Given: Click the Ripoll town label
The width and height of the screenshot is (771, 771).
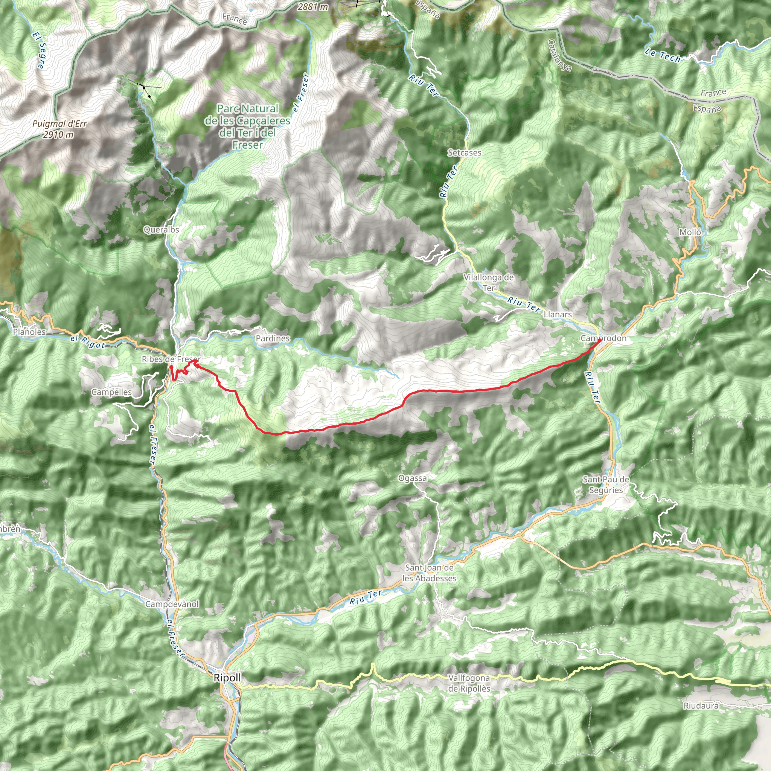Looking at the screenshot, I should [227, 678].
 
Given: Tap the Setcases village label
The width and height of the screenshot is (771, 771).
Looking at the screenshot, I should [464, 152].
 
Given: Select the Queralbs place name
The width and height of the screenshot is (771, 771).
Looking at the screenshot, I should [161, 230].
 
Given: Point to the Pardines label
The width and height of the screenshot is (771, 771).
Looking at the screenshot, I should [273, 338].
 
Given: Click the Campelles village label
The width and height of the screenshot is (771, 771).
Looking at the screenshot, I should [111, 392].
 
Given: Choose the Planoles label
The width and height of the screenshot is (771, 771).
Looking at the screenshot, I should [29, 332].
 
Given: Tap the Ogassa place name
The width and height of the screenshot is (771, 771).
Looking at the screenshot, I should [412, 478].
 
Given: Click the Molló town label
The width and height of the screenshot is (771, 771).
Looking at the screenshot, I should [690, 232].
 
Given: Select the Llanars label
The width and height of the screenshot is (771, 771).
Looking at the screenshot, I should [558, 314].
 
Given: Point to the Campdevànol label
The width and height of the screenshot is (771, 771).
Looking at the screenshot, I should [172, 604].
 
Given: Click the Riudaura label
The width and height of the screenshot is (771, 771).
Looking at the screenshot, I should [701, 706].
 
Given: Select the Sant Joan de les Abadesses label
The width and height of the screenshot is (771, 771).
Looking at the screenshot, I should [429, 573].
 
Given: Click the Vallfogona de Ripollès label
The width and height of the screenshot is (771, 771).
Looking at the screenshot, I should [469, 683].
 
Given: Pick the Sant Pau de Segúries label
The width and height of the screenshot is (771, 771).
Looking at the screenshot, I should [606, 485].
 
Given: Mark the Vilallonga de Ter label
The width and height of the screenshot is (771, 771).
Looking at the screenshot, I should [488, 282].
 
